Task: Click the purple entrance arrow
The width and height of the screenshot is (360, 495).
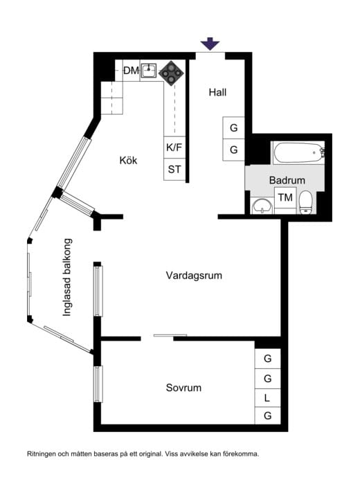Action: click(210, 44)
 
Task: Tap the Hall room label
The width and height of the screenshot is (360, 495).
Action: click(217, 93)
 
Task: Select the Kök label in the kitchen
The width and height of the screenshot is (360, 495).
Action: click(128, 161)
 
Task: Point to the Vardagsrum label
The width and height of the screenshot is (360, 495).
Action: click(194, 276)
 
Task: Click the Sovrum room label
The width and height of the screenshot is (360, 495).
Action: click(183, 388)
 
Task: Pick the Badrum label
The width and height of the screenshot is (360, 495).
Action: click(287, 180)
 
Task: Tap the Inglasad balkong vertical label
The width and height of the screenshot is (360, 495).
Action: click(67, 277)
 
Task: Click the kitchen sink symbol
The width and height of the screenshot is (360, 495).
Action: click(149, 71)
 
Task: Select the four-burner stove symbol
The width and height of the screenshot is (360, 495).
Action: click(171, 73)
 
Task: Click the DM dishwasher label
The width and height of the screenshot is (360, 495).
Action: click(131, 71)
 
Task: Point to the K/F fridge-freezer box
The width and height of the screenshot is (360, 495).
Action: click(174, 147)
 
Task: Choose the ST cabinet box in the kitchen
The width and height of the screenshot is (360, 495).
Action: click(174, 170)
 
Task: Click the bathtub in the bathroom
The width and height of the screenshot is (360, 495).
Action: click(299, 153)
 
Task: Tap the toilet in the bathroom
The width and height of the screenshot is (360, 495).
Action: click(306, 202)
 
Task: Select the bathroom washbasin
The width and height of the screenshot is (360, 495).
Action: click(262, 206)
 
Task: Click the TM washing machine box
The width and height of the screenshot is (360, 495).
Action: click(285, 197)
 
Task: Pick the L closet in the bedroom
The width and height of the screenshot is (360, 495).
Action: click(267, 398)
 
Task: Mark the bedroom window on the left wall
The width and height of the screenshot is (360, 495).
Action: click(98, 384)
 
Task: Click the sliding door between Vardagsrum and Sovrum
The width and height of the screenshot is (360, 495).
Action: click(170, 335)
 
